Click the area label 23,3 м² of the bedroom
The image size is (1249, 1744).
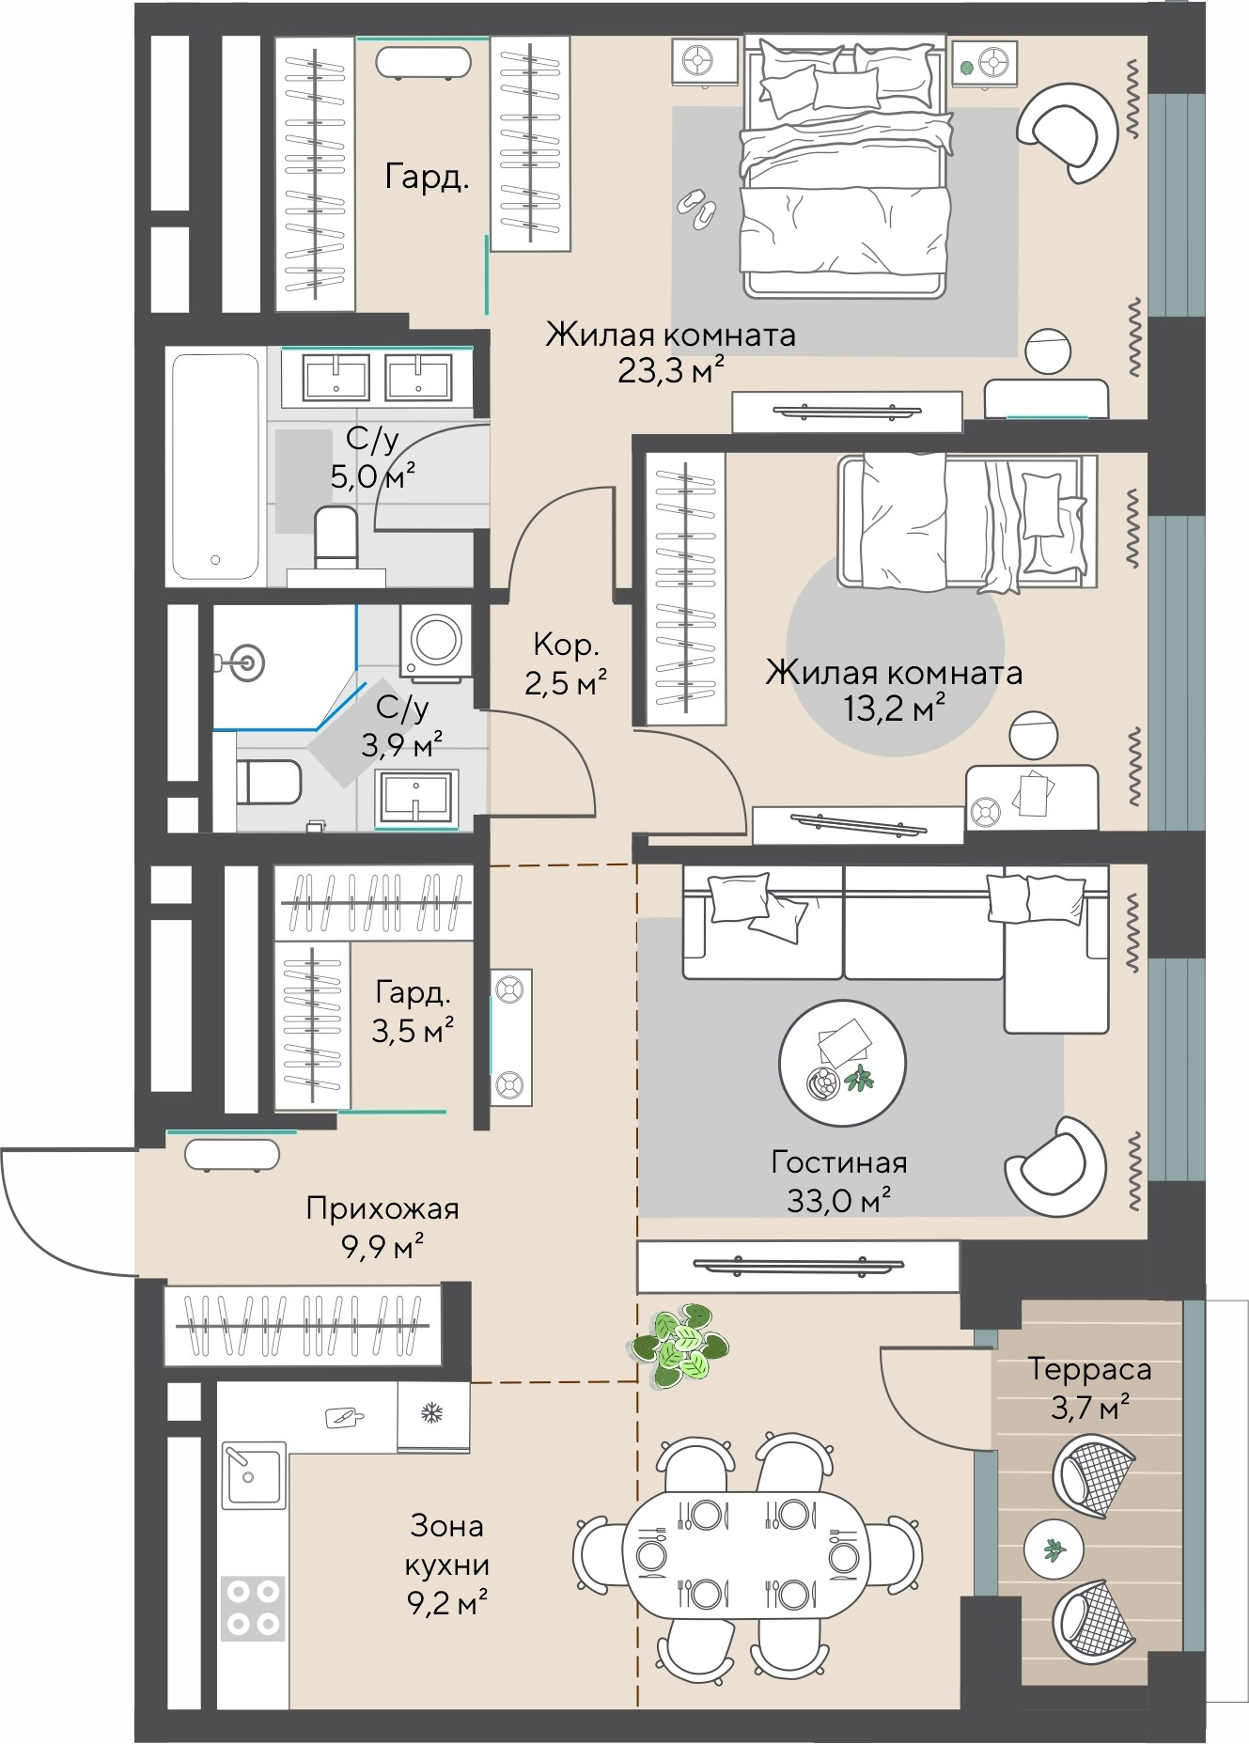click(671, 371)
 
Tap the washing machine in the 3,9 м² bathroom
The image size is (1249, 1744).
click(437, 641)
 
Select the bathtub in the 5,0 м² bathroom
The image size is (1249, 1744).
click(215, 466)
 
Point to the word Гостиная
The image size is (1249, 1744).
click(839, 1162)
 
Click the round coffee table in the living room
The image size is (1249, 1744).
click(842, 1063)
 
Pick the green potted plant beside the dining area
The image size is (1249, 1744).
click(680, 1345)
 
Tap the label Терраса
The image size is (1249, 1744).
click(1089, 1370)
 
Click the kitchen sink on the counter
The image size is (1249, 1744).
click(253, 1475)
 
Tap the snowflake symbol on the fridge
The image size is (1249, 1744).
click(431, 1413)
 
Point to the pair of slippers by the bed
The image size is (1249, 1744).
click(697, 209)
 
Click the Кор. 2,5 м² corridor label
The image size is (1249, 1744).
click(565, 663)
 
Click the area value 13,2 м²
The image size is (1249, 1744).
click(893, 708)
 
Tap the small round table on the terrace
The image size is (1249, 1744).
click(1054, 1549)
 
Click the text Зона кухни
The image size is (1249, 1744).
click(447, 1545)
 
